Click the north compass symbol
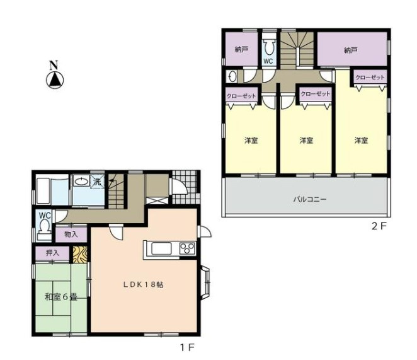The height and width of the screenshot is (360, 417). pos(55,77)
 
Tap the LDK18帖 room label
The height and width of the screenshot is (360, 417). pos(143,284)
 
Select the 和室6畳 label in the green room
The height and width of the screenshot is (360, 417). pos(61,297)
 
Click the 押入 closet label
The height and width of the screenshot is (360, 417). pos(53,253)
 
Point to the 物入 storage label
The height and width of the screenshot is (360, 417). pos(71,235)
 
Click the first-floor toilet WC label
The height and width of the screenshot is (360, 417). pos(45,215)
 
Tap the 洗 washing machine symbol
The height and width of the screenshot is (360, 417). pos(98,182)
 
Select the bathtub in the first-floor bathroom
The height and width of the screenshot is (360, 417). pos(44,191)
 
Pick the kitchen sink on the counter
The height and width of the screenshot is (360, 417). pos(161,250)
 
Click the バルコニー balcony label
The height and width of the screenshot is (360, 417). pos(310,199)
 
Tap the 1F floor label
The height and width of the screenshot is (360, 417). pos(188,348)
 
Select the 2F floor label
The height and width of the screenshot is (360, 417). pos(379,226)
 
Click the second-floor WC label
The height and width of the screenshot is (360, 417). pos(268,61)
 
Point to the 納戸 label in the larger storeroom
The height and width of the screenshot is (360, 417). pos(350,50)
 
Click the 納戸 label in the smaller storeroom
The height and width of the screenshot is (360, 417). pos(241,49)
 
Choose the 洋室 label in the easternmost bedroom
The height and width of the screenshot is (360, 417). pos(361,141)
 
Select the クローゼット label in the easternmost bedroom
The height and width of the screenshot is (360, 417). pos(370,78)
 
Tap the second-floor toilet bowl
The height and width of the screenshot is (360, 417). pos(268,48)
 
